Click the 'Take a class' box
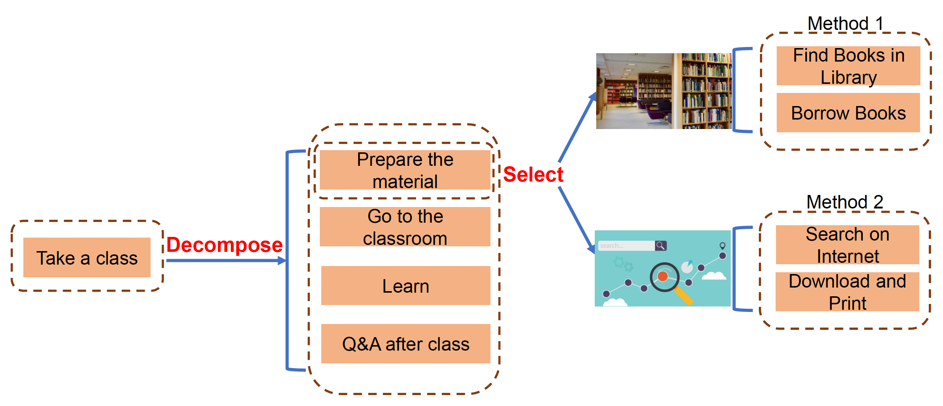(x=87, y=258)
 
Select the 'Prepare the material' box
(x=405, y=170)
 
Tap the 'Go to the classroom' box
(x=405, y=227)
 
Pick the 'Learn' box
(x=405, y=286)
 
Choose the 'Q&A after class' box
(x=405, y=344)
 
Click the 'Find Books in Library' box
(x=848, y=66)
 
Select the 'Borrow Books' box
(x=848, y=113)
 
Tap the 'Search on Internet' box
(x=847, y=245)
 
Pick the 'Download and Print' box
(x=847, y=292)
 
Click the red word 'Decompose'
(x=224, y=244)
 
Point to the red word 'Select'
(x=533, y=174)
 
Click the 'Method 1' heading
(x=845, y=23)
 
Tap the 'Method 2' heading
(x=845, y=202)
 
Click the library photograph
(x=664, y=91)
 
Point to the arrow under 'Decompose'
(x=225, y=261)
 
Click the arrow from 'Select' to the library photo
(x=577, y=128)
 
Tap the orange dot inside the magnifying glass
(x=663, y=276)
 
